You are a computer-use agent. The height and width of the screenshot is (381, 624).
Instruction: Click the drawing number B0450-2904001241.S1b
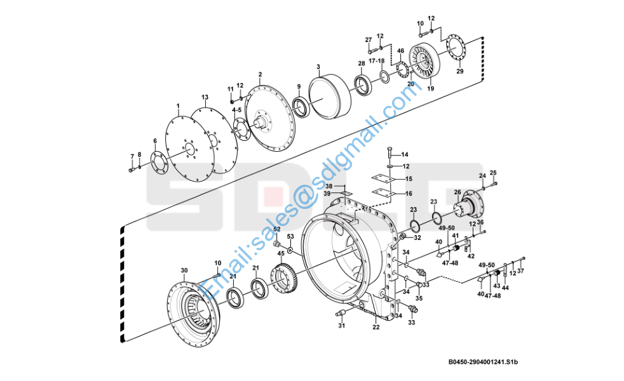tap(484, 363)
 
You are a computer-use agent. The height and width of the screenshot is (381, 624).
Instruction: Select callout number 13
tap(205, 98)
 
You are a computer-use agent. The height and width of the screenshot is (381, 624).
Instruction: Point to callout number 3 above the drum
tap(318, 67)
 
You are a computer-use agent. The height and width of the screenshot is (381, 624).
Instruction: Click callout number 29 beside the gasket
tap(460, 71)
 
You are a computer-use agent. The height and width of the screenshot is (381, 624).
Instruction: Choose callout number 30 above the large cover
tap(184, 271)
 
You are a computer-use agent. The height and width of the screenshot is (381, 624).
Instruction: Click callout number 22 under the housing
tap(376, 327)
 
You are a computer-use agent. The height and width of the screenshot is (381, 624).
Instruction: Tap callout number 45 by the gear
tap(281, 254)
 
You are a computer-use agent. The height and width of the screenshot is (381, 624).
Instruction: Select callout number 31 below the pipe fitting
tap(341, 326)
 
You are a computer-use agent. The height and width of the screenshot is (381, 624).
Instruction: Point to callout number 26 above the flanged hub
tap(457, 192)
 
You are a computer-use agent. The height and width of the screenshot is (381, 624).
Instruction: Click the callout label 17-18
tap(377, 60)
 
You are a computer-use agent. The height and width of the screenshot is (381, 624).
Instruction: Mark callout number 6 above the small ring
tap(154, 141)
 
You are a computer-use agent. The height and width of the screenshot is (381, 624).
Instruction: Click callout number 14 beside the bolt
tap(405, 154)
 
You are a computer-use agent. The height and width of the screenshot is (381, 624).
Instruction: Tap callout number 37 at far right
tap(521, 271)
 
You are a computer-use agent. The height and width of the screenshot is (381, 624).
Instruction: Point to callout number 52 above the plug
tap(276, 229)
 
